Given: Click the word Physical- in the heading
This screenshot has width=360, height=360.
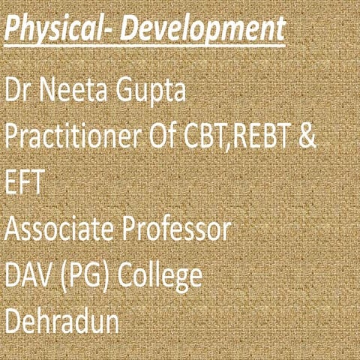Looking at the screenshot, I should click(x=61, y=29).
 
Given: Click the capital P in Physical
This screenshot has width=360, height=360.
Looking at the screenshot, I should click(x=13, y=29).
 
